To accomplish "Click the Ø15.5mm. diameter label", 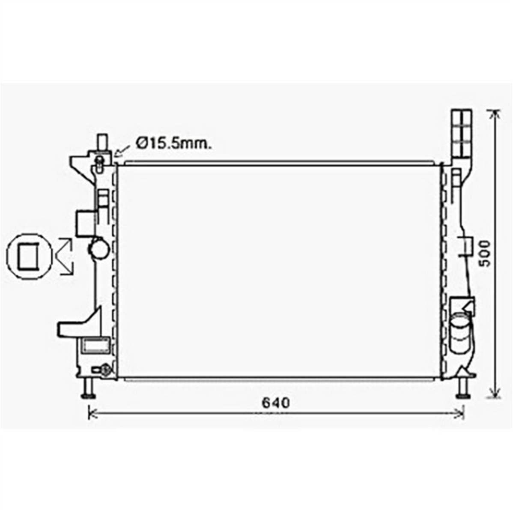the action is (174, 143).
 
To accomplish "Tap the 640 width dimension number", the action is (276, 403).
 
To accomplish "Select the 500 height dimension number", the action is (485, 254).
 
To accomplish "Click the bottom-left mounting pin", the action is (88, 389).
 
